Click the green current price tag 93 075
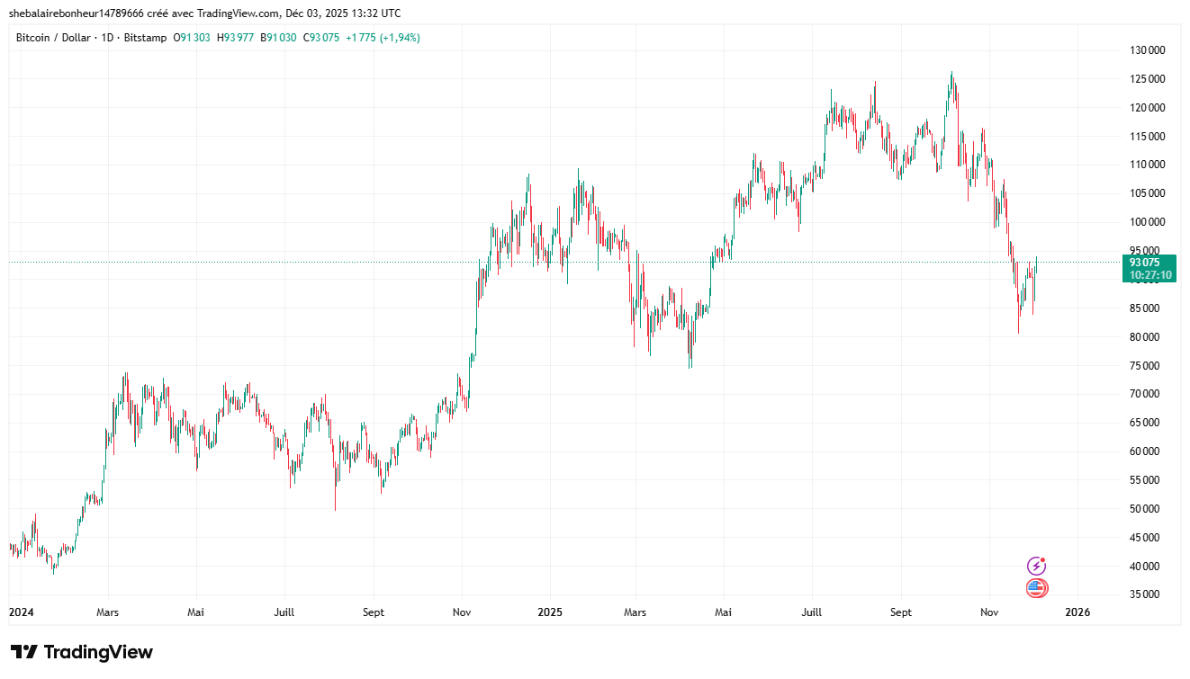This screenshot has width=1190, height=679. click(x=1149, y=263)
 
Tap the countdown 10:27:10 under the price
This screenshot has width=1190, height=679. click(x=1149, y=275)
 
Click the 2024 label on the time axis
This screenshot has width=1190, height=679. click(x=21, y=612)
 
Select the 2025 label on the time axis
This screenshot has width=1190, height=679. click(x=549, y=612)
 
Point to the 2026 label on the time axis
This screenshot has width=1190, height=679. click(x=1077, y=612)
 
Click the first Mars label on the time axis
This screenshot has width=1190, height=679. click(x=107, y=612)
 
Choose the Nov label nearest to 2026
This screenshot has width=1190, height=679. click(x=989, y=612)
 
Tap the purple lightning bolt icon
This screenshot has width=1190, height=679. click(x=1037, y=566)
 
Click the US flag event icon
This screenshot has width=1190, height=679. click(x=1037, y=589)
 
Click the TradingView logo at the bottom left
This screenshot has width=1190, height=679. click(x=82, y=652)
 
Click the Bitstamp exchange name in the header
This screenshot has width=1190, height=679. click(x=146, y=38)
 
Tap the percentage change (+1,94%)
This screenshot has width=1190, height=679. click(x=399, y=38)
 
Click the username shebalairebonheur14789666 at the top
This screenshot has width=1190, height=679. click(x=76, y=13)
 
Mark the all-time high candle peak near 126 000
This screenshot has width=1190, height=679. click(x=951, y=73)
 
